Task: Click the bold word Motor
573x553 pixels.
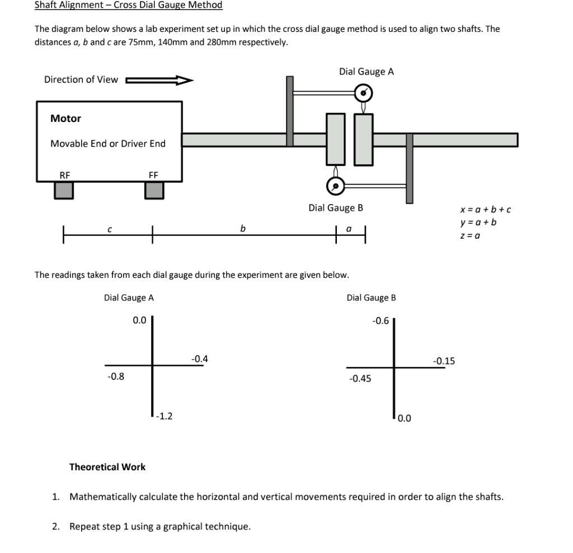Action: tap(65, 119)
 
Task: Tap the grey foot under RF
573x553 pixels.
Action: tap(64, 190)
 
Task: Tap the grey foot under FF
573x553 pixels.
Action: tap(154, 190)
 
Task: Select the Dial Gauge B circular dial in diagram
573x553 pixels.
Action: tap(335, 185)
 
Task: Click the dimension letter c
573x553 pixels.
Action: tap(109, 229)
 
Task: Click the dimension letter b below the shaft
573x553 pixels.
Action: tap(242, 228)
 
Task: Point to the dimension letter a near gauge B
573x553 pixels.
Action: tap(349, 229)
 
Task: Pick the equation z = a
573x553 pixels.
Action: tap(470, 235)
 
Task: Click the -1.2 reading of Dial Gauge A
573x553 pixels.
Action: tap(165, 416)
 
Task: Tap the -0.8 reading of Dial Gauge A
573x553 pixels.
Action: tap(116, 376)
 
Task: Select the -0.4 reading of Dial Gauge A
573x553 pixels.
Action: tap(199, 359)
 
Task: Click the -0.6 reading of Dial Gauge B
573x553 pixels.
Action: tap(381, 321)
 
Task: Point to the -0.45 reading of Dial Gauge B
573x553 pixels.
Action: tap(360, 379)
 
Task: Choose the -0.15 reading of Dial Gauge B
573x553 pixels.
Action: tap(444, 361)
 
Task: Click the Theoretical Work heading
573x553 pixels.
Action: tap(107, 467)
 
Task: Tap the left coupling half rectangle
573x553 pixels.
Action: tap(336, 139)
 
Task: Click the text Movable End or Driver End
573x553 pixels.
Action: tap(108, 144)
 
